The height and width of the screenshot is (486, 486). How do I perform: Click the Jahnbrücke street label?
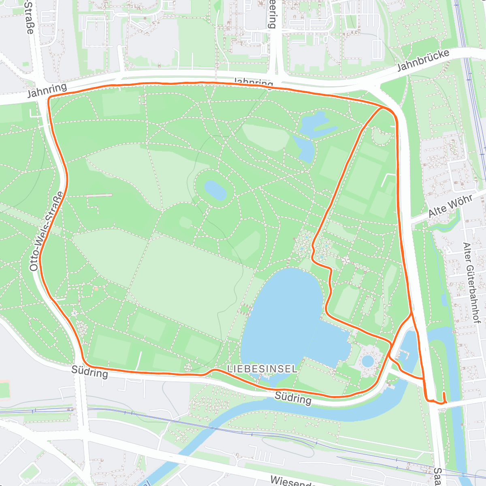(423, 60)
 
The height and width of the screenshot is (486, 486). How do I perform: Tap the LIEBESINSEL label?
(262, 369)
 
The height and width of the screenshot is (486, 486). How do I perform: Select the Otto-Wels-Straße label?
(46, 231)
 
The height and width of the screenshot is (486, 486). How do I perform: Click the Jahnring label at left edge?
(47, 91)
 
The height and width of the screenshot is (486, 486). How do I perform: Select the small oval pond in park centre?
(215, 190)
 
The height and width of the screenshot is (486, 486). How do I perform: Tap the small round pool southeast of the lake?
(368, 360)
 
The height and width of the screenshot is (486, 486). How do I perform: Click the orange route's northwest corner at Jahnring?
(49, 98)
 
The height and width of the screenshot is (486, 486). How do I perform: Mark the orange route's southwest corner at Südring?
(84, 362)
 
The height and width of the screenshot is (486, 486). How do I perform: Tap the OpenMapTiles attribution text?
(43, 481)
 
